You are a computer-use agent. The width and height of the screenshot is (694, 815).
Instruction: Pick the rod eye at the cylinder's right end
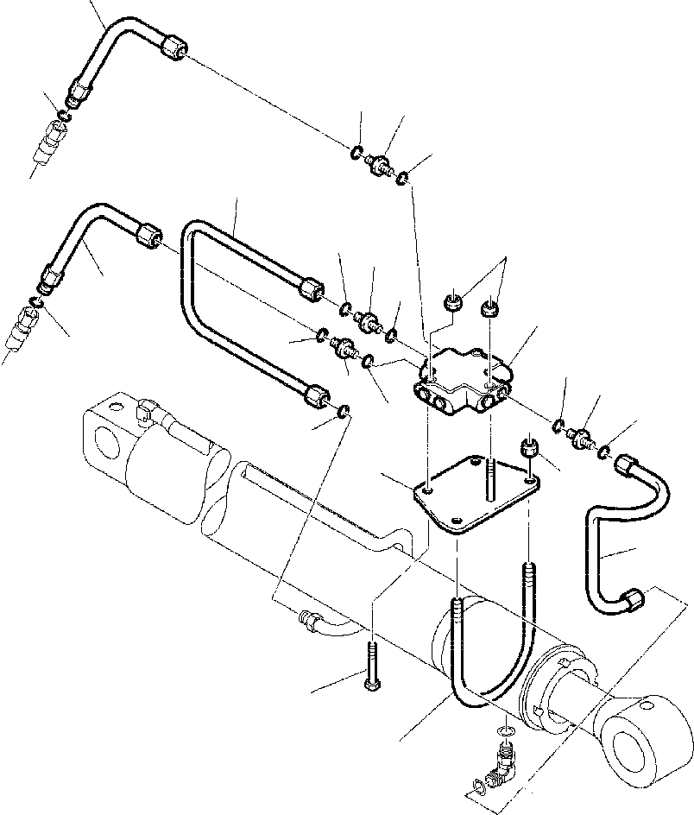pyautogui.click(x=647, y=742)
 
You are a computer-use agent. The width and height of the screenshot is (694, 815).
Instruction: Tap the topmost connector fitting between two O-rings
pyautogui.click(x=379, y=164)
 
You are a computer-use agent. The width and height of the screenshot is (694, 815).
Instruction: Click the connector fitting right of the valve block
pyautogui.click(x=582, y=437)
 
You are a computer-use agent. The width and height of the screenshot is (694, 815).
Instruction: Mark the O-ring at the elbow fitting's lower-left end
pyautogui.click(x=477, y=787)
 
